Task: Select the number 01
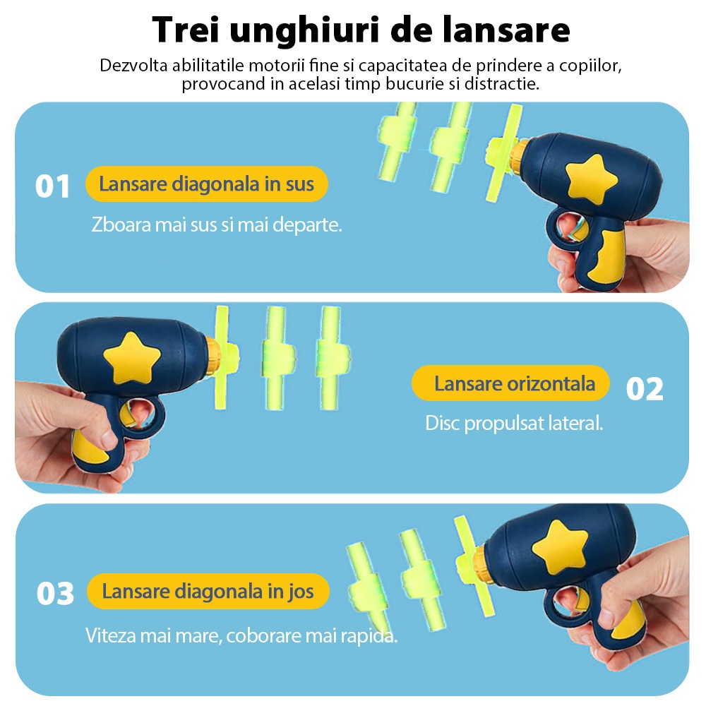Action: coord(53,186)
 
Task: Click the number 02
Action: coord(645,389)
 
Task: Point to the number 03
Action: coord(55,593)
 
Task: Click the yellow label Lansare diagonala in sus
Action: coord(207,184)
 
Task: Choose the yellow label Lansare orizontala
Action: coord(510,383)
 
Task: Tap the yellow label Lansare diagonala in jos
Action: coord(208,591)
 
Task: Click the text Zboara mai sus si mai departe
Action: coord(217,225)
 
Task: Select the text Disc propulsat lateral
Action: coord(514,423)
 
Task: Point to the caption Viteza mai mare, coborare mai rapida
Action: coord(241,635)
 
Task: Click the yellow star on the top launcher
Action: coord(591,179)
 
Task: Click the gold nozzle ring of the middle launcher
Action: coord(213,356)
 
